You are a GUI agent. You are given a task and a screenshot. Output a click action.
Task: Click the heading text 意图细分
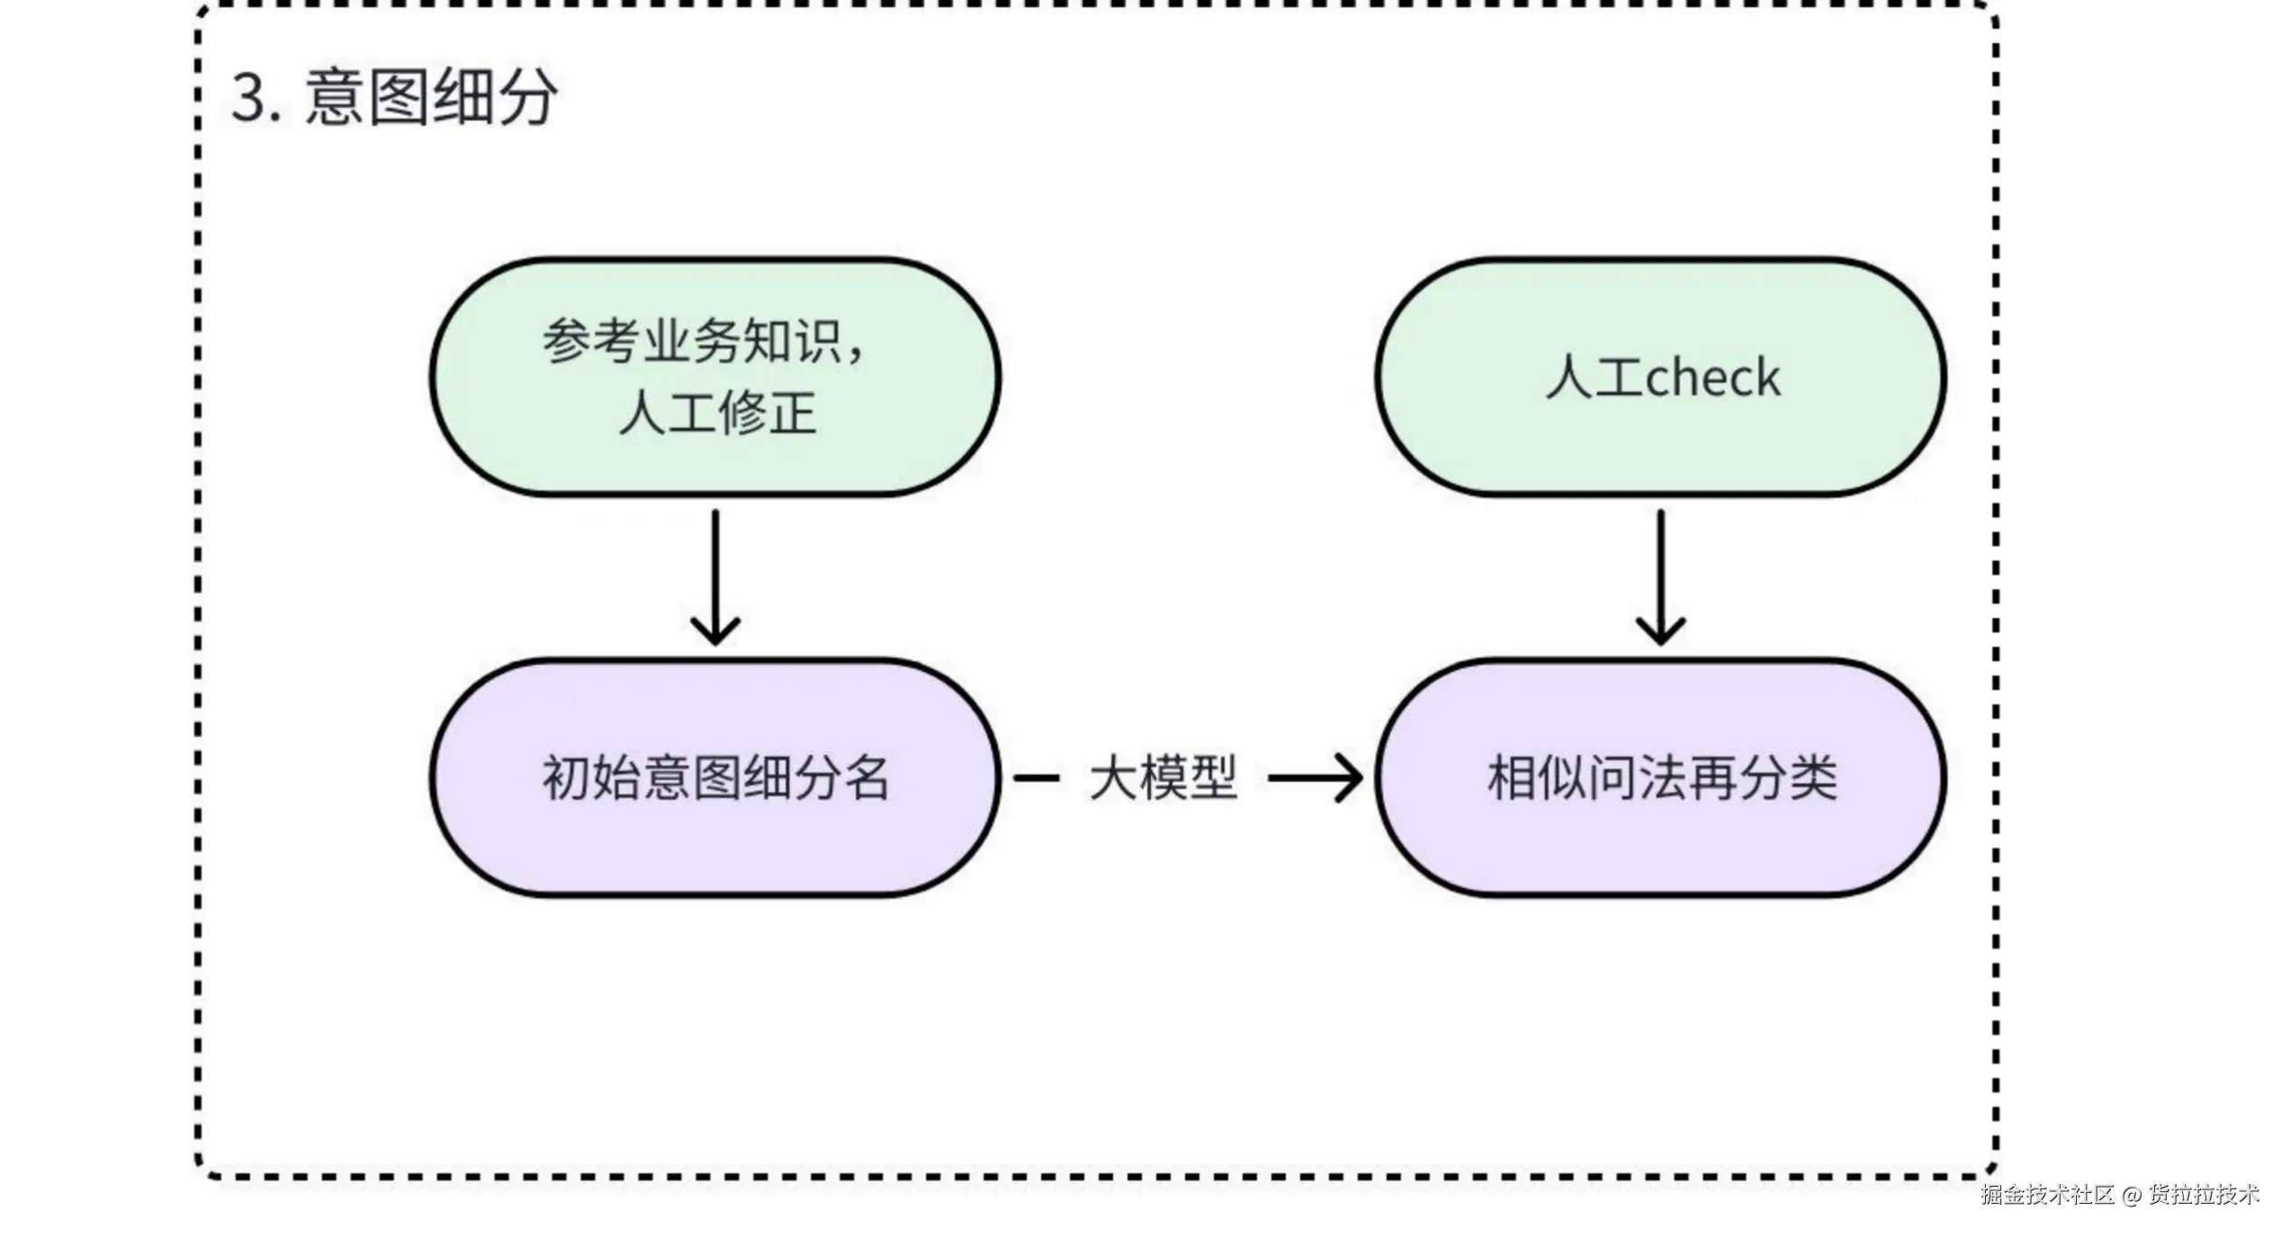click(x=431, y=96)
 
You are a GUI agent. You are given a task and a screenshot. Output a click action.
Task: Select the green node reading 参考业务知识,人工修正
click(x=715, y=377)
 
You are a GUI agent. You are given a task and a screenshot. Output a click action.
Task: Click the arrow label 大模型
click(x=1163, y=778)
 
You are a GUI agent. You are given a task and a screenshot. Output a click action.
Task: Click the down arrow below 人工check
click(x=1660, y=576)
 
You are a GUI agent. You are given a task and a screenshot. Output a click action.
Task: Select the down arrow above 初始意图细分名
click(x=715, y=576)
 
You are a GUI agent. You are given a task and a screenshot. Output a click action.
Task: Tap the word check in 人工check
click(x=1712, y=377)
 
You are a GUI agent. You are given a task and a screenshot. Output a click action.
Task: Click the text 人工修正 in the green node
click(x=717, y=414)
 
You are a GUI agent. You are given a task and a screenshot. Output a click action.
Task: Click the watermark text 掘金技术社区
click(x=2047, y=1195)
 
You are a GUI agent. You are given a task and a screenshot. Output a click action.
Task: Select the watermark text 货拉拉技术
click(x=2204, y=1195)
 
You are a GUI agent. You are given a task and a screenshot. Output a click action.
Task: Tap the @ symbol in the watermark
click(x=2131, y=1196)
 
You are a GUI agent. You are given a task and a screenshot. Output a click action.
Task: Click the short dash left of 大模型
click(x=1036, y=778)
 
